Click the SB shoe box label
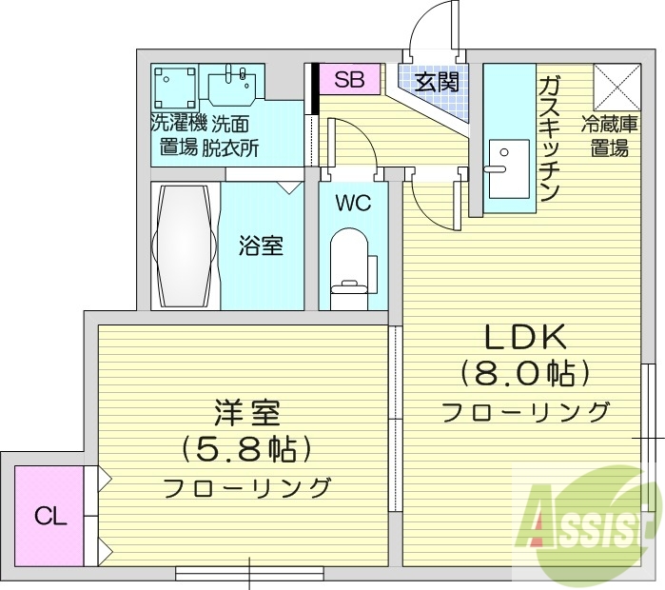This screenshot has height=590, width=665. tap(349, 80)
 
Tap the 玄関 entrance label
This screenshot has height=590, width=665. tap(437, 82)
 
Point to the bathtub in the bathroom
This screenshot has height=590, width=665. tap(186, 246)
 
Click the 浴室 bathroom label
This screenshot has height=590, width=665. tap(261, 246)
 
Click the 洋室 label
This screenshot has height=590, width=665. tap(245, 414)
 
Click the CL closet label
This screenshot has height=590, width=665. tap(50, 517)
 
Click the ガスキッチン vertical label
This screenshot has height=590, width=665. tap(549, 139)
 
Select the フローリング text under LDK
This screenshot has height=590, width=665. tap(525, 411)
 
